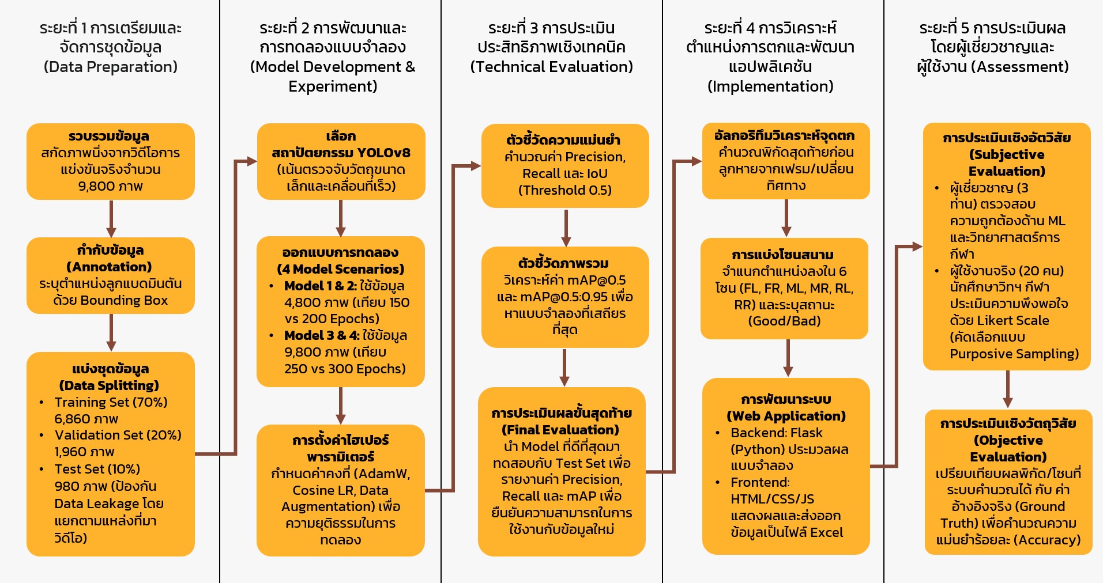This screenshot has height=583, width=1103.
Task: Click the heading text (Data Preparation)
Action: pyautogui.click(x=111, y=67)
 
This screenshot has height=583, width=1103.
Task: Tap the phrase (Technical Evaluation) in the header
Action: pyautogui.click(x=551, y=67)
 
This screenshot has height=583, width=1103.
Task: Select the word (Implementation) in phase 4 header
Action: pyautogui.click(x=770, y=86)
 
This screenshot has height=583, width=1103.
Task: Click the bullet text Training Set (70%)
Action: pyautogui.click(x=111, y=402)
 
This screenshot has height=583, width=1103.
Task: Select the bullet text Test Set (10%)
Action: pyautogui.click(x=97, y=469)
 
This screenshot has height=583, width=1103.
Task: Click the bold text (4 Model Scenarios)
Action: pyautogui.click(x=340, y=269)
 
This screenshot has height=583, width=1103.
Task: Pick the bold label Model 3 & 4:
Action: pyautogui.click(x=321, y=335)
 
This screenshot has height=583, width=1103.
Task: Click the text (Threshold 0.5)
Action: pyautogui.click(x=564, y=190)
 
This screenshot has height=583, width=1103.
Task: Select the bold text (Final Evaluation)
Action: pyautogui.click(x=560, y=430)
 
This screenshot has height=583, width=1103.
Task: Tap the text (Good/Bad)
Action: pyautogui.click(x=784, y=321)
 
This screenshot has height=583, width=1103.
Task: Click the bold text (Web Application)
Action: pyautogui.click(x=786, y=416)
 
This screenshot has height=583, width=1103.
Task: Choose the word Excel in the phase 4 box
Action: pyautogui.click(x=826, y=532)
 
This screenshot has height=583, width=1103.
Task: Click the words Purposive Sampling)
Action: pyautogui.click(x=1014, y=354)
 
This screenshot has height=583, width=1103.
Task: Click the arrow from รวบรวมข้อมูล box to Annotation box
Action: pyautogui.click(x=111, y=218)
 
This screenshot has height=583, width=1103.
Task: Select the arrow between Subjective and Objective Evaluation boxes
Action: pyautogui.click(x=1007, y=389)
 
